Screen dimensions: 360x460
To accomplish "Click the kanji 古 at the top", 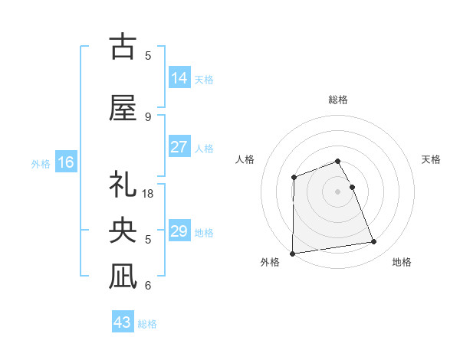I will point(123,47).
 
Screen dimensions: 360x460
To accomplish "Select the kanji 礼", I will point(123,185).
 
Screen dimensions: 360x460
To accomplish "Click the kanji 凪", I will point(123,276).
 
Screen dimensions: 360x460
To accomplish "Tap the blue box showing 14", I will point(179,78).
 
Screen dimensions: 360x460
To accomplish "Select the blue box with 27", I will point(179,147).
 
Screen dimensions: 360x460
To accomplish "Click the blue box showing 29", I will point(179,231).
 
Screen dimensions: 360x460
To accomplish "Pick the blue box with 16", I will point(66,162).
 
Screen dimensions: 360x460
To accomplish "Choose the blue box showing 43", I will point(123,322).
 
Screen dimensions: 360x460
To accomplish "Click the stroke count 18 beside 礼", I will point(149,194).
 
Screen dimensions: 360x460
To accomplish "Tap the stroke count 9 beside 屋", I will point(148,116).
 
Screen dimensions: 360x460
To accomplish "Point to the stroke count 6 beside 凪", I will point(148,285).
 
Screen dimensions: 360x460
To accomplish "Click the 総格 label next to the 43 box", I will point(147,324).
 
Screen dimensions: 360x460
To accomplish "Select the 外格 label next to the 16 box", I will point(41,164).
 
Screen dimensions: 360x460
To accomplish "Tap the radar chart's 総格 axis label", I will point(338,100).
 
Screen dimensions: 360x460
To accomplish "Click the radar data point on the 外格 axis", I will point(292,253).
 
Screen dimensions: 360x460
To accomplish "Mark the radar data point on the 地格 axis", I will point(374,242).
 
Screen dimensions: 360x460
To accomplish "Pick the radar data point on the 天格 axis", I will point(352,187).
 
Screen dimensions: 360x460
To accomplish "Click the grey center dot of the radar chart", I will point(338,191).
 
